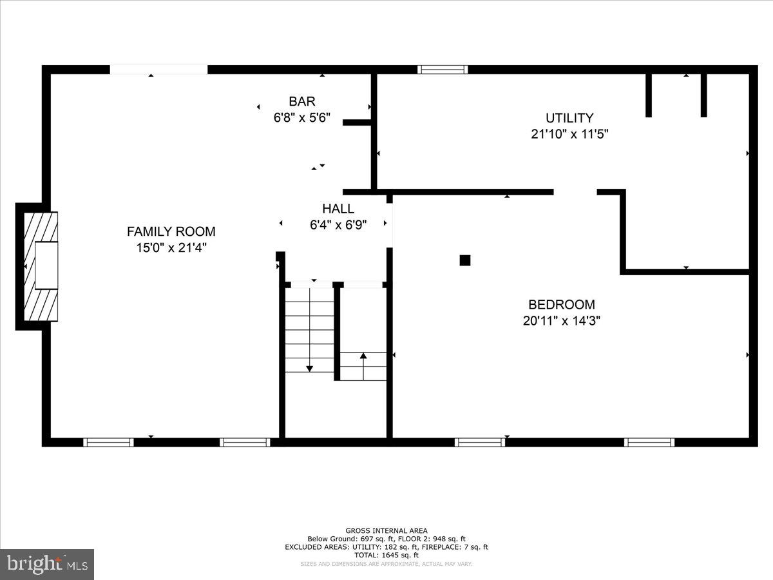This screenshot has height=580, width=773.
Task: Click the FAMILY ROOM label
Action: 171,231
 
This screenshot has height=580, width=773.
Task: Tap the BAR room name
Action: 301,101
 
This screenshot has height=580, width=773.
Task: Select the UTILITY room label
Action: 569,118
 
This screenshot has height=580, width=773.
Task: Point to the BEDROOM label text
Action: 561,305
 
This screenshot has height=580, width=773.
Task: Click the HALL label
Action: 338,209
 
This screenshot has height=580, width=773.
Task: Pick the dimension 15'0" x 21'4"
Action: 171,247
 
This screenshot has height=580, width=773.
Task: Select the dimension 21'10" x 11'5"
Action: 569,134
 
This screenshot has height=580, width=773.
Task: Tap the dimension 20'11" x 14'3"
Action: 561,321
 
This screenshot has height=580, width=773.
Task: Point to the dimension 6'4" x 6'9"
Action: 338,225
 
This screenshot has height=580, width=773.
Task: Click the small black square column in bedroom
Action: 465,260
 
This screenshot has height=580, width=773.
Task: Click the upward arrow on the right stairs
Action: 363,355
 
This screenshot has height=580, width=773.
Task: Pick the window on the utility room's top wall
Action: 443,70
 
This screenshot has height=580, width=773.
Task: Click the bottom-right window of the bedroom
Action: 649,442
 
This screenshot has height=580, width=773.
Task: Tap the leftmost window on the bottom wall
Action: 108,442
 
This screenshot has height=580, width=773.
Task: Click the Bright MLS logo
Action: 47,565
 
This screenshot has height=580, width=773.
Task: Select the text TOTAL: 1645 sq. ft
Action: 386,555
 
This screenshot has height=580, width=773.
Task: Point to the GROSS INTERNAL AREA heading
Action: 386,530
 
